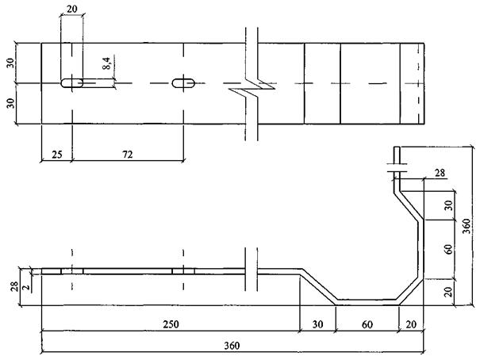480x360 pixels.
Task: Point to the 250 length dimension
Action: coord(171,324)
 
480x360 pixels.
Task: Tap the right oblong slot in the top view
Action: coord(184,82)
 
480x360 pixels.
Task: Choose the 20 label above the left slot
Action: coord(72,10)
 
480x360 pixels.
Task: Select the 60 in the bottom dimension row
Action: coord(367,324)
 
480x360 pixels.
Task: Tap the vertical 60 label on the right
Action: coord(447,249)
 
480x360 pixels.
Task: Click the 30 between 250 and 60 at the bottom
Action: coord(317,324)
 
